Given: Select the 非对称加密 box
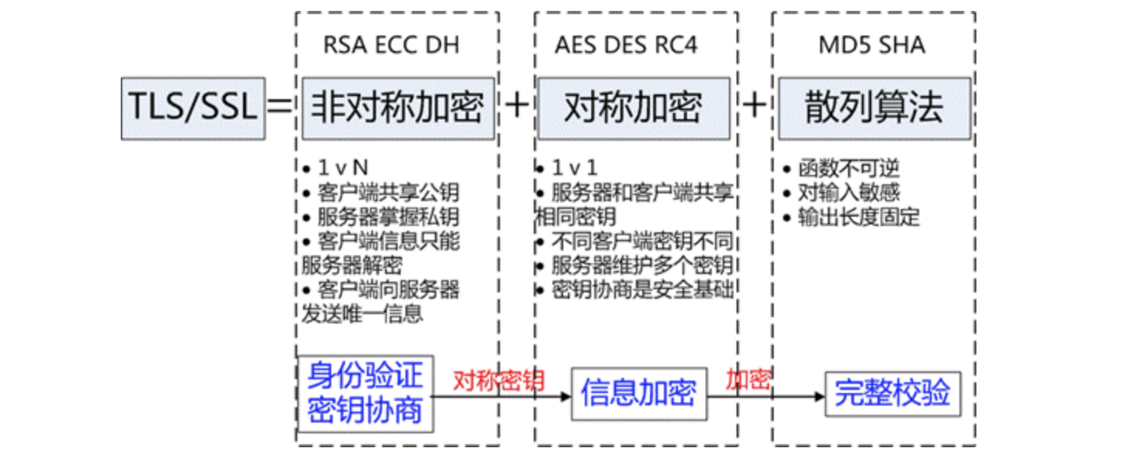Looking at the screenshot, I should [398, 108].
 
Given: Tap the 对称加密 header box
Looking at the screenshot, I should [632, 108].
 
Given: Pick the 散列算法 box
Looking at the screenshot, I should [874, 108].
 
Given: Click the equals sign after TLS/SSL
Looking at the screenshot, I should [280, 108].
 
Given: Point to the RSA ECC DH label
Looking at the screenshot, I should [391, 45].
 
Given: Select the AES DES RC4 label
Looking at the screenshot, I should [626, 45].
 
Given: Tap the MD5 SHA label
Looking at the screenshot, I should [871, 45].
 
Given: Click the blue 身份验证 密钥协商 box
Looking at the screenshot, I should [365, 393].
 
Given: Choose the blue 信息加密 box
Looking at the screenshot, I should [638, 393].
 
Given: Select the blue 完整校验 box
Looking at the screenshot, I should [891, 393].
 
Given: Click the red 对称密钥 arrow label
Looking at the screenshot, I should [499, 380].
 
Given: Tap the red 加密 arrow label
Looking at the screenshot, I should [747, 380].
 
